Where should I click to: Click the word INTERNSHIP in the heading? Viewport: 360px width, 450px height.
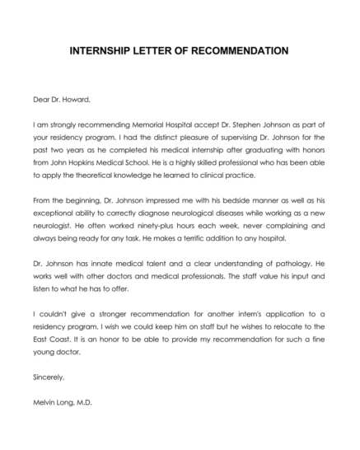(x=100, y=50)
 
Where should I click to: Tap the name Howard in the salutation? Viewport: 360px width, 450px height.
(x=68, y=98)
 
